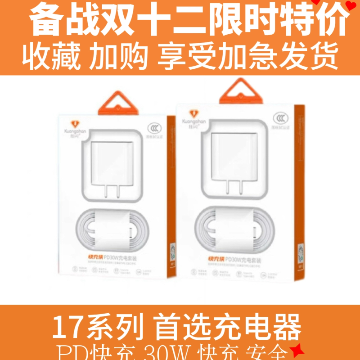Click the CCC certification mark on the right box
pyautogui.click(x=280, y=117)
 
